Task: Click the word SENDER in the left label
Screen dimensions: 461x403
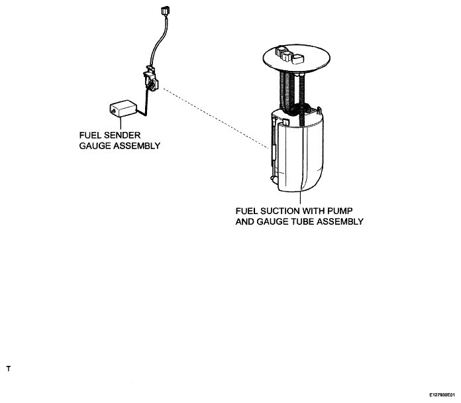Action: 123,135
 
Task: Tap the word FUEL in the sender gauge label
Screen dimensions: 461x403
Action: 90,135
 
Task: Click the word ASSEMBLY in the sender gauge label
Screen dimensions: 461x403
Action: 136,146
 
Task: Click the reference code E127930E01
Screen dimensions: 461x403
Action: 442,394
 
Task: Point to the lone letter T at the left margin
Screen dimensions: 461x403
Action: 9,369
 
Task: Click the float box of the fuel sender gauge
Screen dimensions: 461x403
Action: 123,109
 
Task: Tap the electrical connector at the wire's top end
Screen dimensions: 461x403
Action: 164,11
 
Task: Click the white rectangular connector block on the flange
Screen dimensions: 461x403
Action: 299,59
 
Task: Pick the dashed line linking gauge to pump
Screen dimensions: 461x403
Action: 216,118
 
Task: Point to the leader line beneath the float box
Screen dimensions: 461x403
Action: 121,123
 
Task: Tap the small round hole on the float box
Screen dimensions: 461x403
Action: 113,111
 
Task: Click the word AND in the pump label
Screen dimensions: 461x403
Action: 245,221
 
